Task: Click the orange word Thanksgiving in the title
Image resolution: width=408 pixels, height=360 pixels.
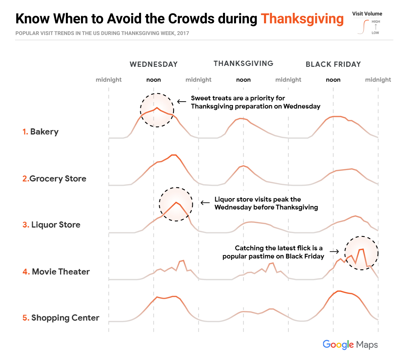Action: point(302,19)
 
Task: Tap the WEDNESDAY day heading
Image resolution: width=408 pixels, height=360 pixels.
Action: point(154,64)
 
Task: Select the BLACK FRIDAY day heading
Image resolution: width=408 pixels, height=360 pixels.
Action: point(333,64)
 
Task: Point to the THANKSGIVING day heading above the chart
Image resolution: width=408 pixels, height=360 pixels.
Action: point(243,64)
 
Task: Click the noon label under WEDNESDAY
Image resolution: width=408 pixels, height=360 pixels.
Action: point(154,80)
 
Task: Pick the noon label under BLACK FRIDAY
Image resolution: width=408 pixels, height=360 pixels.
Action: point(333,80)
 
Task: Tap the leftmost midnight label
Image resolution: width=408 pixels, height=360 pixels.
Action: point(109,80)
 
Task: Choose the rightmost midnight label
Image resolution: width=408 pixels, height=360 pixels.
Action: point(378,80)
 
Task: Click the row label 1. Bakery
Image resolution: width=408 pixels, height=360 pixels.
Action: point(41,132)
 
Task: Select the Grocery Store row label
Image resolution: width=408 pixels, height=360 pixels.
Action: point(54,179)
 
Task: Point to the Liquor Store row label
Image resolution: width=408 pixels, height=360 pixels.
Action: point(52,225)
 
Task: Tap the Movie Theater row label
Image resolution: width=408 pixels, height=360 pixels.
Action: point(56,272)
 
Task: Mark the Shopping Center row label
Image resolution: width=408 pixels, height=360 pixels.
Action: point(61,318)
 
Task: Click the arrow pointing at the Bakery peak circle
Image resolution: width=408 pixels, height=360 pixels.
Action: point(182,102)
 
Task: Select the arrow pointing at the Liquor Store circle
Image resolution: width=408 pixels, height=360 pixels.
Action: point(205,203)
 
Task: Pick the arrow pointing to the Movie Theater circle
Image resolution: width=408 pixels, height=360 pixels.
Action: point(334,251)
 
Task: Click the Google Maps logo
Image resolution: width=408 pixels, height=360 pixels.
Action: point(350,345)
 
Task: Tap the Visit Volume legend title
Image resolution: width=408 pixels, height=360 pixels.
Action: point(367,14)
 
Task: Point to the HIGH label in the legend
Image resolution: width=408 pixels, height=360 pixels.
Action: point(376,22)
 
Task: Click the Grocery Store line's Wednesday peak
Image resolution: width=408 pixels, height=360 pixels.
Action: point(174,155)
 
